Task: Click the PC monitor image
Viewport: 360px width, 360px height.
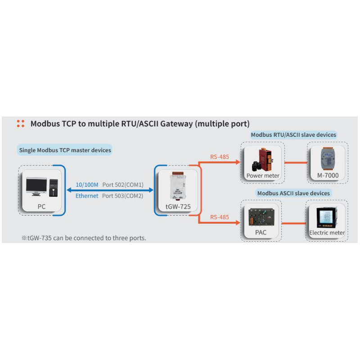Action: coord(36,186)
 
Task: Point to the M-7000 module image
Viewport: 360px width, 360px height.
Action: coord(327,159)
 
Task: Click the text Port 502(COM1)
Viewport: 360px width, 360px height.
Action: coord(122,185)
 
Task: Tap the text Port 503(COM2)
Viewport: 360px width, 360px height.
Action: coord(122,196)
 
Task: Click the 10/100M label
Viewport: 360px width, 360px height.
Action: coord(86,185)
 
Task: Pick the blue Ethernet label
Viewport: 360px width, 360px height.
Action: coord(86,196)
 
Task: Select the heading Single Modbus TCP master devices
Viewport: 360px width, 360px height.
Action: coord(65,150)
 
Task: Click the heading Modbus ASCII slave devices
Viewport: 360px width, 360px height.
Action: coord(293,193)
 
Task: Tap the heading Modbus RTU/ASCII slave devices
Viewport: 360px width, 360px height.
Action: coord(293,135)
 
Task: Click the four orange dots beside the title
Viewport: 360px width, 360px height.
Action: coord(20,124)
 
